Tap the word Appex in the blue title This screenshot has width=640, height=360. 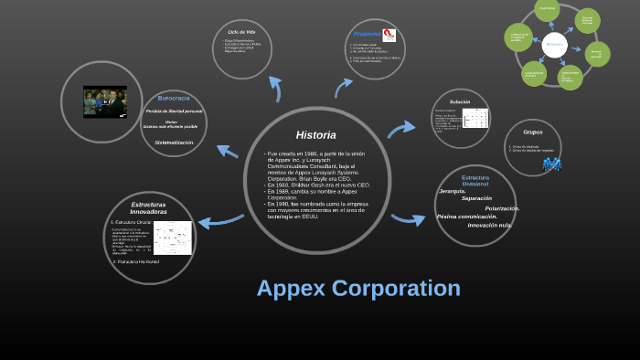290,288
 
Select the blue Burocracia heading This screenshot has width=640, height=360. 174,98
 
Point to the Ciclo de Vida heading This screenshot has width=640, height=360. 242,32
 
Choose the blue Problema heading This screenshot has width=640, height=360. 367,34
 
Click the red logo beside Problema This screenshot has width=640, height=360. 389,35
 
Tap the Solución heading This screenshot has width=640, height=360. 460,101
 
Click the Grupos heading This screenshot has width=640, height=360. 532,132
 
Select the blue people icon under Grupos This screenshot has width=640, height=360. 551,164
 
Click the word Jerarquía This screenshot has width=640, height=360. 453,191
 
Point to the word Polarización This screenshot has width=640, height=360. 502,208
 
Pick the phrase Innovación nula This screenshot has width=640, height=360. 489,225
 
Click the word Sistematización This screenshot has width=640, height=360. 174,143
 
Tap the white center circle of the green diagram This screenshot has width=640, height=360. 554,44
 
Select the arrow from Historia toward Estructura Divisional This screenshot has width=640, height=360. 408,218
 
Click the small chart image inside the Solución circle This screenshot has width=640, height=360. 475,120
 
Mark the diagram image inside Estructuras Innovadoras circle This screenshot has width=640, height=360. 172,238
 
